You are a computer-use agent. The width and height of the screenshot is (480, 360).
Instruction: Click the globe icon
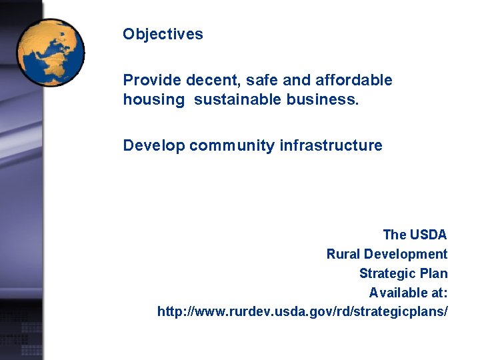[x=51, y=53]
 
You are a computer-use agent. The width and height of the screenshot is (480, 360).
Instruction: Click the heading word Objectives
[x=163, y=35]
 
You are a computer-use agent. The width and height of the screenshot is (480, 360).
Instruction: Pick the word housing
[x=153, y=100]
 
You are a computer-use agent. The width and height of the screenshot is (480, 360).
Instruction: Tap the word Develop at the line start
[x=153, y=146]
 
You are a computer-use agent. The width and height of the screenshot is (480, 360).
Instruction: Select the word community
[x=231, y=146]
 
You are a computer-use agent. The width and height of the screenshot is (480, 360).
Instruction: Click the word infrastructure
[x=330, y=146]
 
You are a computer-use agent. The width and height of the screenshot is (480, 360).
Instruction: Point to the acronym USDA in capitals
[x=429, y=235]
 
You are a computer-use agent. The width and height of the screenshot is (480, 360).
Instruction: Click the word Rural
[x=342, y=254]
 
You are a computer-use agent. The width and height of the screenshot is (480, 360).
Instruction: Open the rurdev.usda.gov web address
[x=303, y=312]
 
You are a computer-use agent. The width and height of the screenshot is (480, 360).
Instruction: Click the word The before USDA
[x=394, y=235]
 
